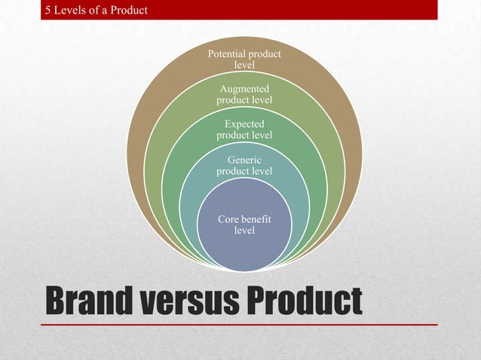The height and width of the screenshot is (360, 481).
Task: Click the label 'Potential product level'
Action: tap(244, 59)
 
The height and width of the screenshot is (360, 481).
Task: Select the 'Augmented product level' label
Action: tap(244, 95)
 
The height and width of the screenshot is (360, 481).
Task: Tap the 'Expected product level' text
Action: tap(244, 129)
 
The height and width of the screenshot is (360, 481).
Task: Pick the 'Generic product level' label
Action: tap(244, 166)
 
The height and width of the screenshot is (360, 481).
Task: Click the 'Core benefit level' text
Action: tap(244, 224)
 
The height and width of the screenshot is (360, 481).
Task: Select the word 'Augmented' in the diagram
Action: tap(244, 90)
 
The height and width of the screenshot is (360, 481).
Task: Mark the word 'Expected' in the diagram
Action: tap(244, 124)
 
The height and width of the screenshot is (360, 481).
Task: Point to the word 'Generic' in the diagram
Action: tap(244, 160)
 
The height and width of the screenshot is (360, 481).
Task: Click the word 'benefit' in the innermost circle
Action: tap(257, 219)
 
